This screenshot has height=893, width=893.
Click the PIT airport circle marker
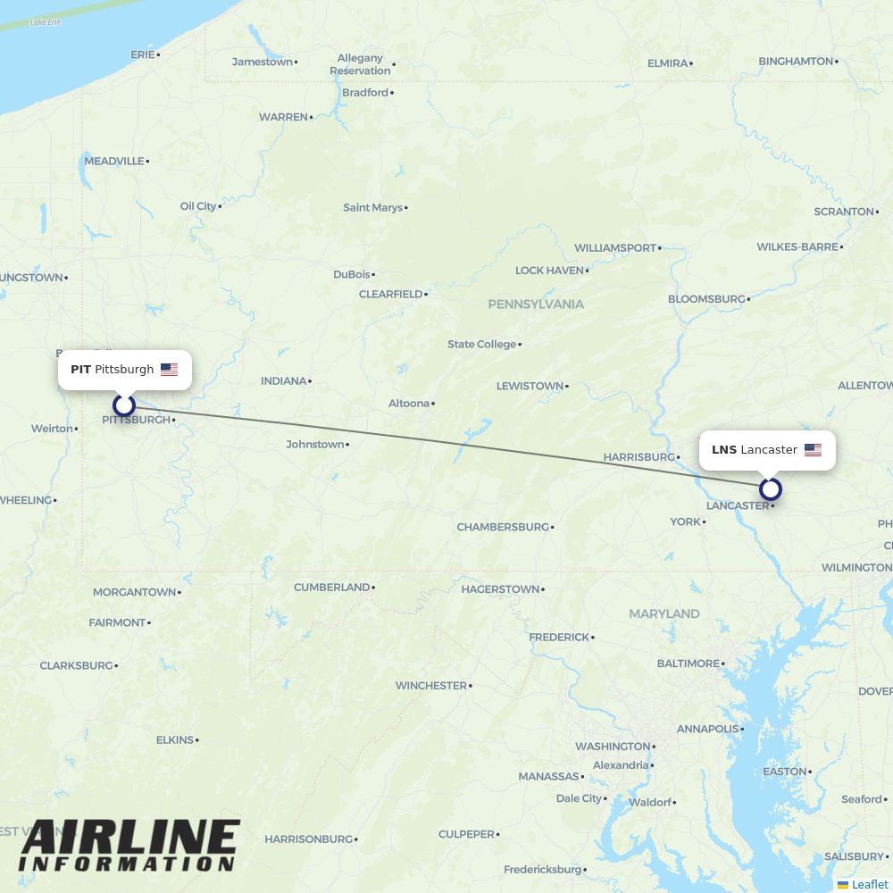124,405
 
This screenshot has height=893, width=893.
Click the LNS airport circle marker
771,489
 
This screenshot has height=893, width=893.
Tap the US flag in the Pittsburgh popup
169,370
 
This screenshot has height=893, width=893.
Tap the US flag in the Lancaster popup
813,450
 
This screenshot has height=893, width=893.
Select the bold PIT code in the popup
80,370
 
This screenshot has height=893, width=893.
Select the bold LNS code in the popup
723,450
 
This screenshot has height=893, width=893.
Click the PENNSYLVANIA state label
536,305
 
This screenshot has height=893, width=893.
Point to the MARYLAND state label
663,614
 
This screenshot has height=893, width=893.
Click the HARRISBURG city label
638,457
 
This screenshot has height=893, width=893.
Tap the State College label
482,345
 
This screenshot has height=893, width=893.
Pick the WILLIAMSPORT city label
614,247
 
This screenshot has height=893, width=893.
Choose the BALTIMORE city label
688,663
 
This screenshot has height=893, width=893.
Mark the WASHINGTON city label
613,747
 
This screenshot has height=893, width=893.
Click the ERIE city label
142,54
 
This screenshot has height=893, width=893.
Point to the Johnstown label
314,444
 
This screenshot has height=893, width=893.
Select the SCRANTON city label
843,212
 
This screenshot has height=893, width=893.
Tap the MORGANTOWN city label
134,592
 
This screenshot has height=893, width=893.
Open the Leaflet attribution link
869,884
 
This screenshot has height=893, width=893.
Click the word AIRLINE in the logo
129,838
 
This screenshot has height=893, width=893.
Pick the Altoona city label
409,404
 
